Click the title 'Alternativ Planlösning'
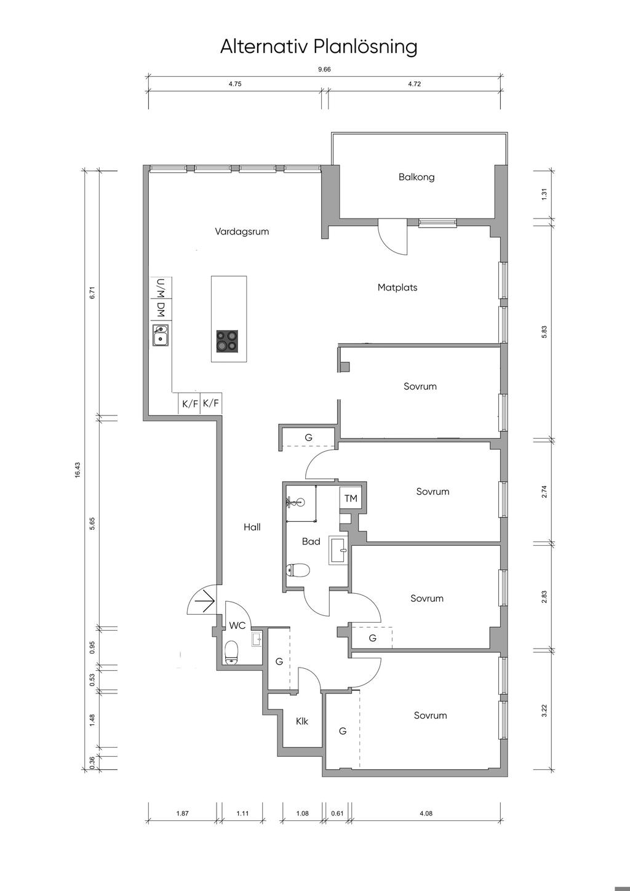(319, 47)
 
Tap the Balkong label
(417, 177)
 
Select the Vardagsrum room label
(242, 231)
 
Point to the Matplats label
(397, 287)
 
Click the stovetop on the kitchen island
(228, 341)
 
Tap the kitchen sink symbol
(161, 335)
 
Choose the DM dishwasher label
(161, 309)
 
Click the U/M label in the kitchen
(161, 287)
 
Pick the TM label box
(351, 498)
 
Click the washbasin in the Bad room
(338, 550)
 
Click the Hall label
(252, 527)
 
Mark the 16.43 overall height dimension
(78, 469)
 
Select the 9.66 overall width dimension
(325, 69)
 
